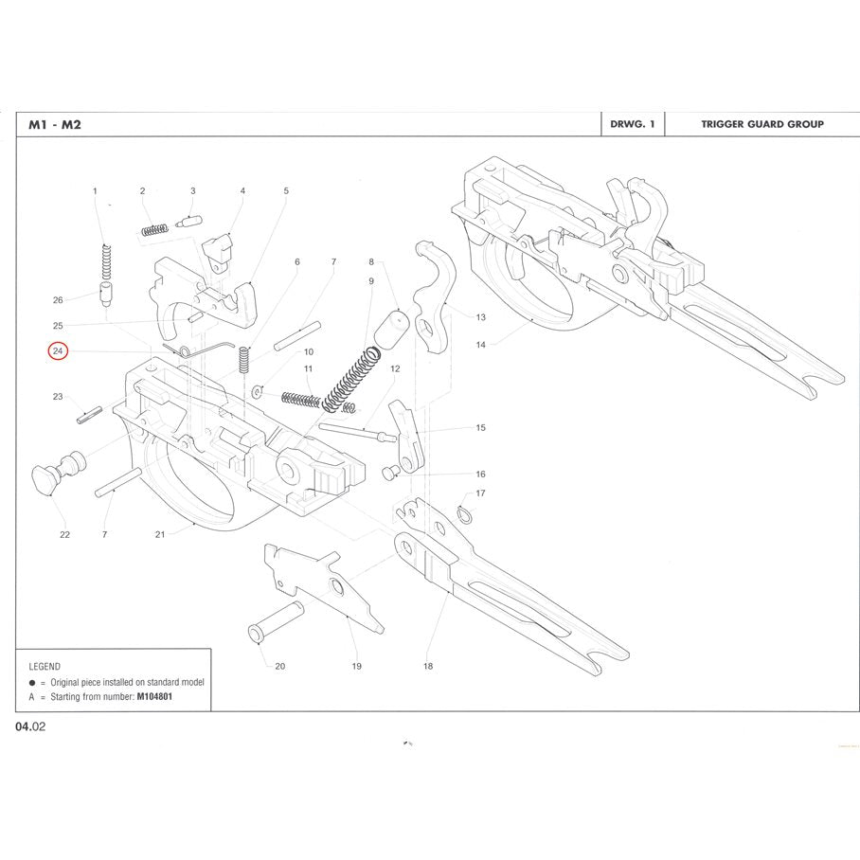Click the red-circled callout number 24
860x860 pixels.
coord(59,351)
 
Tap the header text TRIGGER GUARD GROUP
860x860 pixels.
coord(761,124)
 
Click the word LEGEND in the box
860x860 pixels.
coord(45,666)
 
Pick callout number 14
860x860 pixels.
coord(480,345)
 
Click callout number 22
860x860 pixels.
coord(64,535)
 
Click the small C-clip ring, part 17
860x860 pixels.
coord(465,512)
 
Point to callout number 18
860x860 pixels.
coord(428,666)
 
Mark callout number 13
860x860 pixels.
coord(480,317)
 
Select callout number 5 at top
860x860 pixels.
coord(286,190)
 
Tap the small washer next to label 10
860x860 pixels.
coord(256,388)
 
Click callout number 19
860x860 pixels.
coord(356,666)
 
